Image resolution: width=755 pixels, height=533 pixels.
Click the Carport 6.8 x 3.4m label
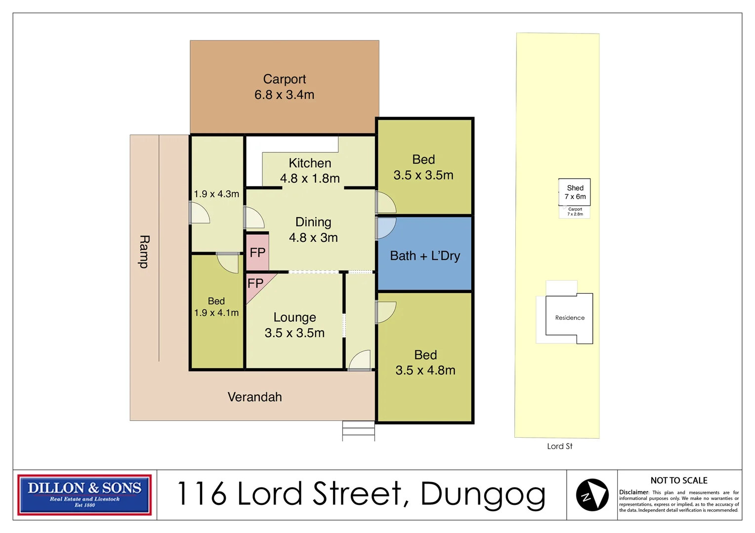pos(284,87)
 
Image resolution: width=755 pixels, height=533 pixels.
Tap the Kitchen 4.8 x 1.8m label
pos(310,171)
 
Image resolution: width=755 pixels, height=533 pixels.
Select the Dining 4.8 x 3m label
pos(313,229)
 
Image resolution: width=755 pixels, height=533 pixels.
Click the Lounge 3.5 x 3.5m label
pos(294,325)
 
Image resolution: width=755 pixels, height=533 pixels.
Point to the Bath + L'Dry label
pos(425,256)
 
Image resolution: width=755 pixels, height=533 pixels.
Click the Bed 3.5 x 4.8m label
pos(425,362)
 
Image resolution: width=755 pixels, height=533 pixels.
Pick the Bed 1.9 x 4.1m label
pos(216,306)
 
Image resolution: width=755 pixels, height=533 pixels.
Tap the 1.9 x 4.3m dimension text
pos(216,194)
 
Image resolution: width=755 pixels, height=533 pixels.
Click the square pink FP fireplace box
pos(257,253)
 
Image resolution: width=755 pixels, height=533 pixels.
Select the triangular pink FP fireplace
pos(255,286)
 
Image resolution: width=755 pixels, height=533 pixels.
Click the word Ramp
pos(144,252)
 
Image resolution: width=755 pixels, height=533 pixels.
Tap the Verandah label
pos(254,397)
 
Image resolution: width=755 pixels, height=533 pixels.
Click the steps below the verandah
pos(358,430)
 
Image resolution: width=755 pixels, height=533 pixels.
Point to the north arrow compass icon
pos(592,495)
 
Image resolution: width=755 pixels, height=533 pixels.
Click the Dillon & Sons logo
pos(84,495)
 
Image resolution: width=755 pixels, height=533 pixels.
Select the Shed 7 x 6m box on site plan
pos(575,192)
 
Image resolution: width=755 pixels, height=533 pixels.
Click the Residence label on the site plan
pos(570,318)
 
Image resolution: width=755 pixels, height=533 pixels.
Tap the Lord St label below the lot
pos(559,446)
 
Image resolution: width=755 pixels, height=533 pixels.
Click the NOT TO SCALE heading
pos(678,480)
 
